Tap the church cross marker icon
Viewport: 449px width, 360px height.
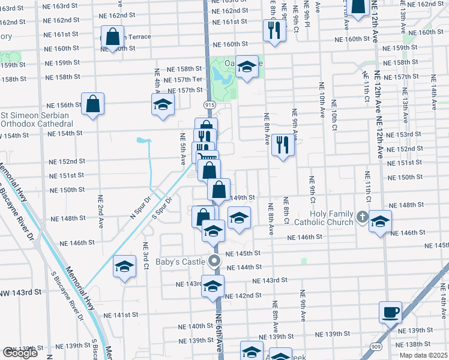pos(362,217)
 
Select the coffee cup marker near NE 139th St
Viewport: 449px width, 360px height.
pos(390,312)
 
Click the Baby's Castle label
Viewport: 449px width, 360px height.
pos(181,261)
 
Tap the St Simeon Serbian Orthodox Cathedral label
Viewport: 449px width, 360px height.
pos(37,119)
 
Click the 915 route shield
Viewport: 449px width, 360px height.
pos(209,105)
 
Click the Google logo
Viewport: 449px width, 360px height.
pos(20,353)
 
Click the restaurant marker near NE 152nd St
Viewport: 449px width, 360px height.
pos(282,145)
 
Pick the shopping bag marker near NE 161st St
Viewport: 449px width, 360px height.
pos(112,37)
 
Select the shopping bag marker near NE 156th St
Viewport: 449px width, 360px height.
pos(93,104)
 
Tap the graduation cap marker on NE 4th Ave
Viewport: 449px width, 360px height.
pos(162,104)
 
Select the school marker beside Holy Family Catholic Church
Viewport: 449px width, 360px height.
pos(380,221)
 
